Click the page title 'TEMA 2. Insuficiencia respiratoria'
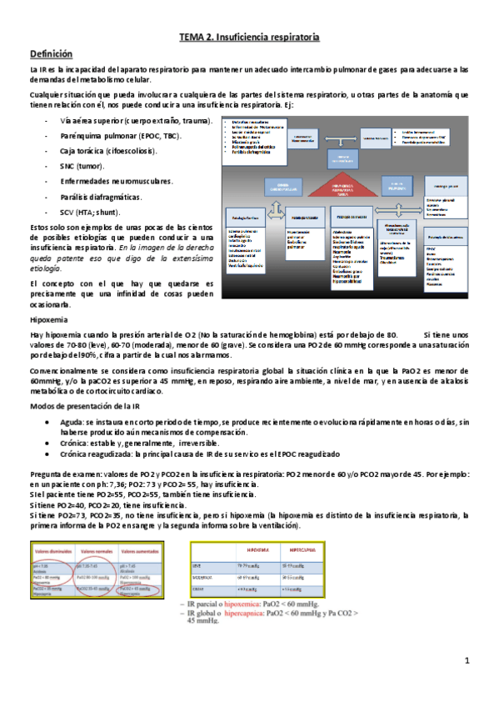[249, 38]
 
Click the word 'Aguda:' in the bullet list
[72, 424]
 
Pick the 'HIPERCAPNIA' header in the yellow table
[303, 552]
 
